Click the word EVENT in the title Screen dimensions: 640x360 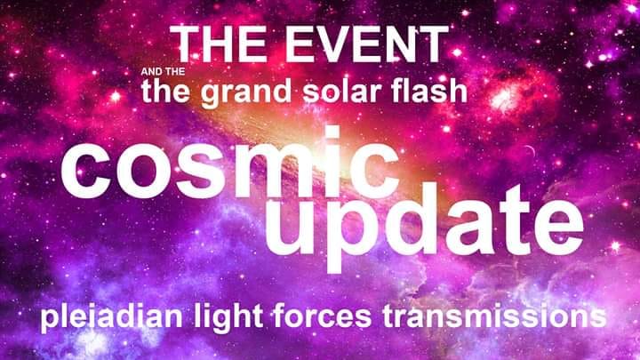(366, 44)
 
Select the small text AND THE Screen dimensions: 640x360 (163, 72)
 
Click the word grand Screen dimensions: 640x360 (245, 93)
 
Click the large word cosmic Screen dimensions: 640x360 (230, 163)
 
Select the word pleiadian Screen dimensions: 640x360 (111, 317)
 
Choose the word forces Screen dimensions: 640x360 (323, 316)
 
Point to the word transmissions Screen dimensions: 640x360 (494, 316)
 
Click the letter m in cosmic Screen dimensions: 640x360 (277, 171)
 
